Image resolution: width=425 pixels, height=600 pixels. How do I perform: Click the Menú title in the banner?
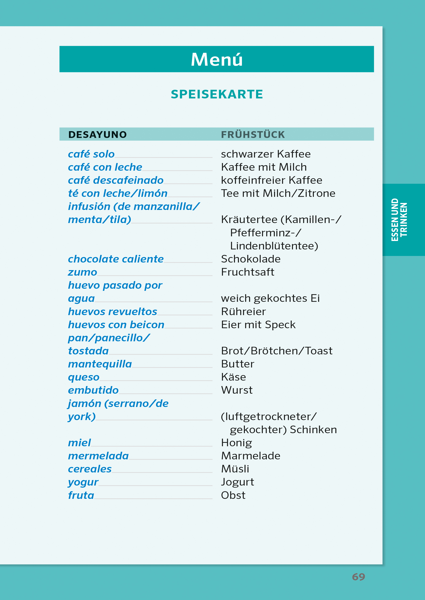coord(217,60)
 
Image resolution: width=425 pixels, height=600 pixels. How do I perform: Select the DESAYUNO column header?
coord(97,135)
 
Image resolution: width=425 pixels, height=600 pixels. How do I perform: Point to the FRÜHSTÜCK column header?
coord(253,135)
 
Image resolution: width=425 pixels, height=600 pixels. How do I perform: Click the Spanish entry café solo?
coord(91,154)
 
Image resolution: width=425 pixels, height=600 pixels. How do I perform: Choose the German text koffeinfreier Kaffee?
coord(271,180)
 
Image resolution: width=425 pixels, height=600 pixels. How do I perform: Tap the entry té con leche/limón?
coord(118,193)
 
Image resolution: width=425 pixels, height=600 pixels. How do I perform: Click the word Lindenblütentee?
coord(274,246)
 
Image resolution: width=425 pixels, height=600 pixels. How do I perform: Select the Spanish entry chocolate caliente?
coord(116,259)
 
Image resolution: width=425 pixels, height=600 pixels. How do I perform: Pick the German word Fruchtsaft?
coord(248,272)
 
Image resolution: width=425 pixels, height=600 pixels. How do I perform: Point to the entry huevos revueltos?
coord(113,312)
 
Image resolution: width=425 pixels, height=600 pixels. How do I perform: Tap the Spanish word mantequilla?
coord(100,364)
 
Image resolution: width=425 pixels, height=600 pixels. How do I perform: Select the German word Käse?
coord(233,377)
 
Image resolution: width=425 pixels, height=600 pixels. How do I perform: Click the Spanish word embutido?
coord(93,390)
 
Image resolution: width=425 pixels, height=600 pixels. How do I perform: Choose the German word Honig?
coord(236,443)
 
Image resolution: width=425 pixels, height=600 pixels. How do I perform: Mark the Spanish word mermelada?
coord(98,456)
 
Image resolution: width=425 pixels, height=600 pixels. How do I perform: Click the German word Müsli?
coord(235,469)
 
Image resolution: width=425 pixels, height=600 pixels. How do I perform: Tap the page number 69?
coord(358,577)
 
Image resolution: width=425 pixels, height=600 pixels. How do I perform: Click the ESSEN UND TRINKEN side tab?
coord(399,220)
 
